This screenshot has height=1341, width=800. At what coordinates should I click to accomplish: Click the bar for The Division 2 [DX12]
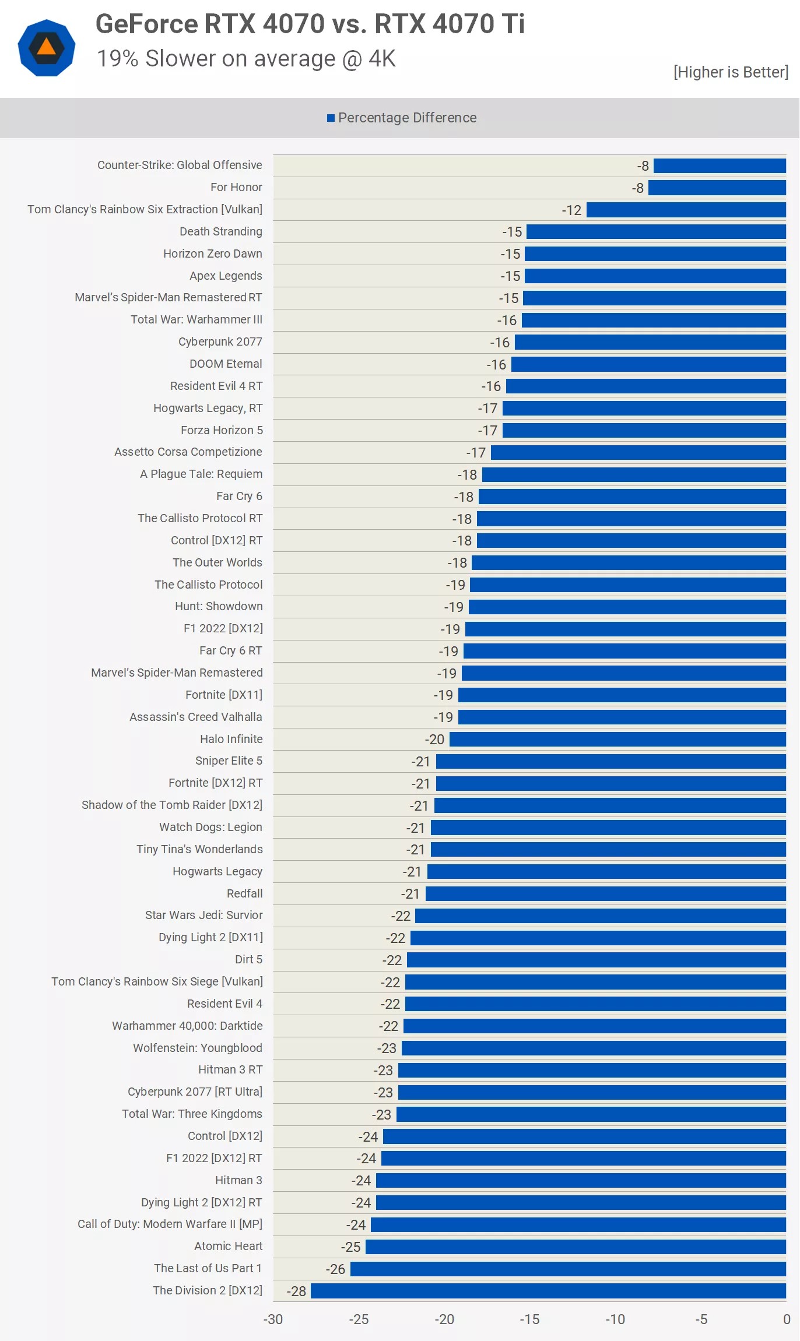[x=548, y=1291]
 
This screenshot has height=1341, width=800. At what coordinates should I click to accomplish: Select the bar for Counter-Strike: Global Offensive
[x=720, y=166]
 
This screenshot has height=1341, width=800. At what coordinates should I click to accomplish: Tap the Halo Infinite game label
[x=231, y=739]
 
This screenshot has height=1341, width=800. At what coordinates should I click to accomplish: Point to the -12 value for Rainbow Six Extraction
[x=571, y=210]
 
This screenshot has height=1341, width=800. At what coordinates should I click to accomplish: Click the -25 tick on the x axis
[x=359, y=1319]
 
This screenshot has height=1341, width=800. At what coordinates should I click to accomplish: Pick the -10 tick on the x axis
[x=615, y=1319]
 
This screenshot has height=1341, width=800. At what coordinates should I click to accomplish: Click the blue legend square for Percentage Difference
[x=331, y=118]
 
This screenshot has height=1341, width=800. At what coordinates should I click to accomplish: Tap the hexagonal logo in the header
[x=47, y=48]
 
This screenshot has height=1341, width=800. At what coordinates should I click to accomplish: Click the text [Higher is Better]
[x=731, y=72]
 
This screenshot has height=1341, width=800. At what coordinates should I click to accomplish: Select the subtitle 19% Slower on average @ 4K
[x=246, y=59]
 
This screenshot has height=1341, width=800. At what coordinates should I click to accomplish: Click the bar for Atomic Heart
[x=576, y=1247]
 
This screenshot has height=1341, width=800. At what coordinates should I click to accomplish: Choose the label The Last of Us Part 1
[x=208, y=1268]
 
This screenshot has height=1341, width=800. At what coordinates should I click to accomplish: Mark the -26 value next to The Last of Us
[x=335, y=1269]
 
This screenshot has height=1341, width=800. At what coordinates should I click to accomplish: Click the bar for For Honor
[x=717, y=188]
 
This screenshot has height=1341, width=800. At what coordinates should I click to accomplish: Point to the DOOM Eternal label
[x=226, y=364]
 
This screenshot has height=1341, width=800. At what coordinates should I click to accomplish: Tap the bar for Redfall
[x=606, y=894]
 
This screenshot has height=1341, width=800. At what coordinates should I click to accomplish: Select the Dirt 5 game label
[x=248, y=959]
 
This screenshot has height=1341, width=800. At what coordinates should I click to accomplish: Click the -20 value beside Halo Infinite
[x=434, y=740]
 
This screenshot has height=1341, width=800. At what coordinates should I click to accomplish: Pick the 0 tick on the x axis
[x=787, y=1319]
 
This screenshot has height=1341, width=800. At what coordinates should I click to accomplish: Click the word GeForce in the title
[x=146, y=24]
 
